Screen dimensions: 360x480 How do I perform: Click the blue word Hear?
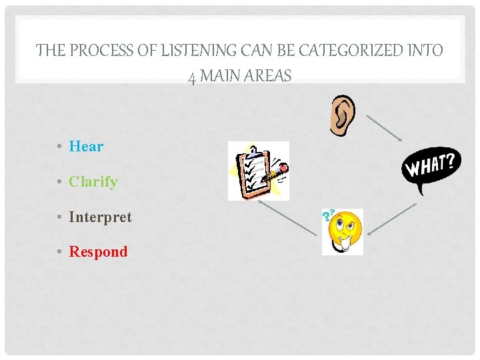click(x=86, y=147)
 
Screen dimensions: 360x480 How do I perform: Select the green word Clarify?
click(x=93, y=182)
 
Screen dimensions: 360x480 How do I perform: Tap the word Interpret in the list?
click(x=100, y=217)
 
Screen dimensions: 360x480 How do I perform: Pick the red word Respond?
click(x=98, y=252)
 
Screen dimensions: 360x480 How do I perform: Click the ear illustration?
click(x=342, y=115)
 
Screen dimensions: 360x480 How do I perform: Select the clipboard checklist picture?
click(x=259, y=171)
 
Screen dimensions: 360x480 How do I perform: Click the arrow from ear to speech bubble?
click(x=383, y=127)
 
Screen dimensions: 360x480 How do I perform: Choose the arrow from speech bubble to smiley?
click(x=392, y=219)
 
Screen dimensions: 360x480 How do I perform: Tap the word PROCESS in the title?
click(x=97, y=51)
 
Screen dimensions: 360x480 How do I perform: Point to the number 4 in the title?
click(x=192, y=77)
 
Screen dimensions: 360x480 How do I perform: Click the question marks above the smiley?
click(x=327, y=215)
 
